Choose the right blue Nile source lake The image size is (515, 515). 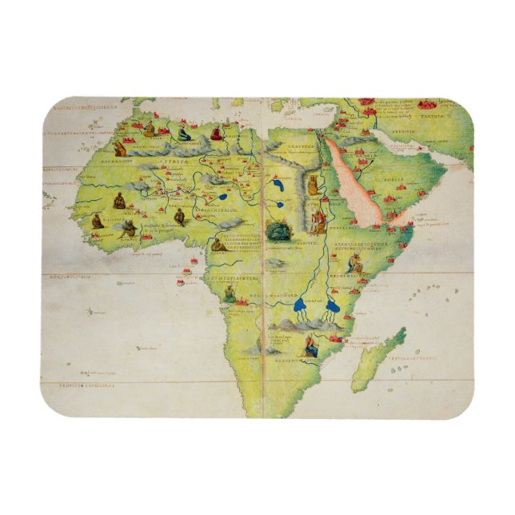tap(333, 305)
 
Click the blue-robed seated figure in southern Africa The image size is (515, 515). tap(310, 348)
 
